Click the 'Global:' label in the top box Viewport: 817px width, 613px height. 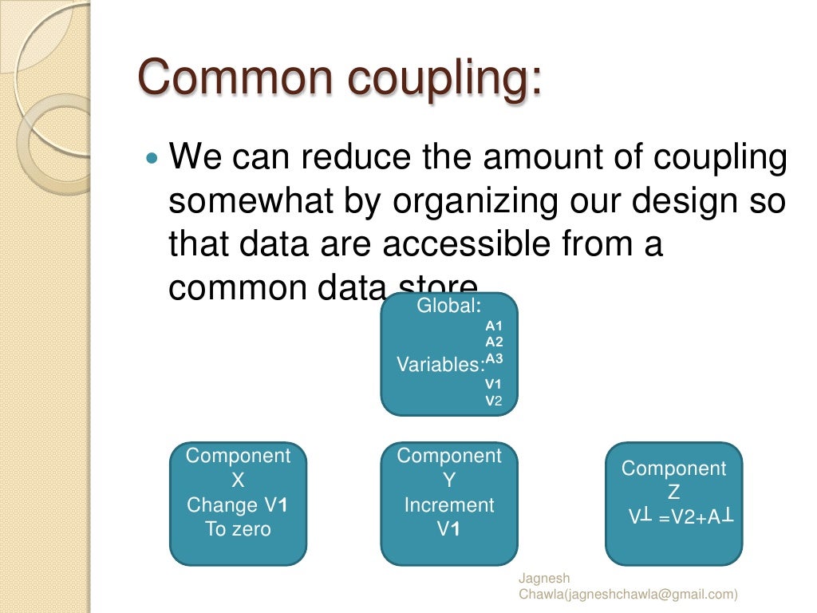coord(449,306)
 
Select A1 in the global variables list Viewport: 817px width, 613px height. coord(494,326)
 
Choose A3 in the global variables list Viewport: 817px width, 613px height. coord(494,358)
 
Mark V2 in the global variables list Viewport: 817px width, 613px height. coord(494,401)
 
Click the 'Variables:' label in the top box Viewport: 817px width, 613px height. coord(441,365)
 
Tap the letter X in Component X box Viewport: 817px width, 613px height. coord(238,481)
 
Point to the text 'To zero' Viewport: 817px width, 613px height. coord(238,529)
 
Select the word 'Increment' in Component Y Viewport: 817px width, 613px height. coord(449,505)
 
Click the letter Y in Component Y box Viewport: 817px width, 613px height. coord(449,481)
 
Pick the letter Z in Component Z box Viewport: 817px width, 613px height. coord(674,493)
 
